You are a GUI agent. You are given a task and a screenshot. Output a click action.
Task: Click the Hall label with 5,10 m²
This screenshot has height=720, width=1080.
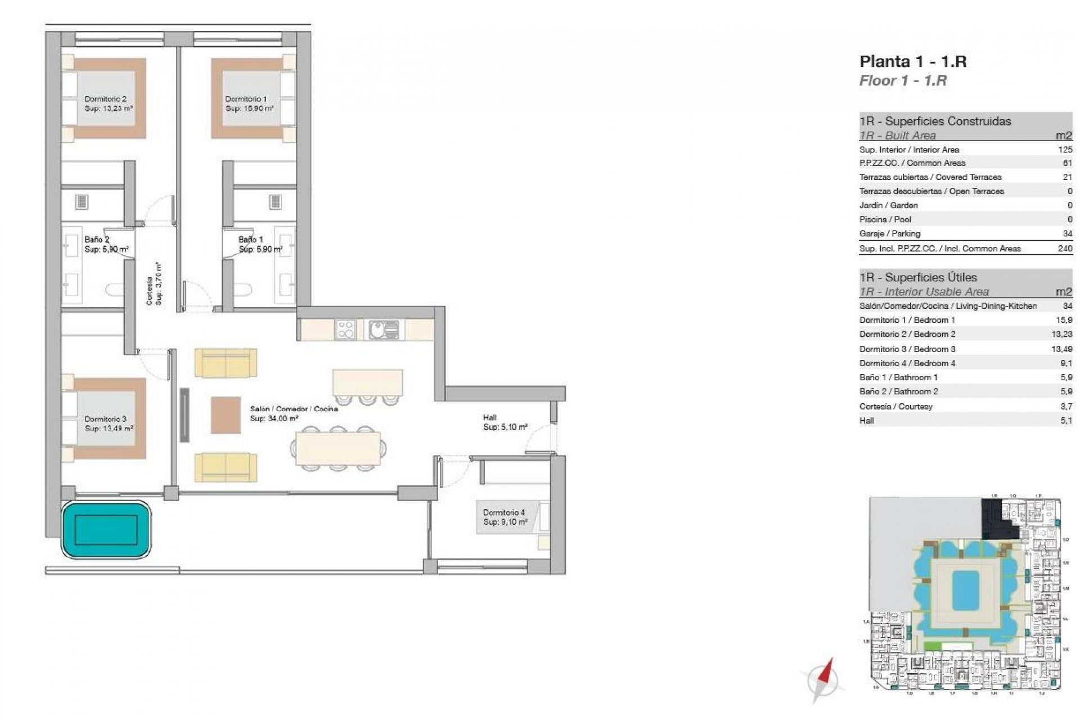point(505,422)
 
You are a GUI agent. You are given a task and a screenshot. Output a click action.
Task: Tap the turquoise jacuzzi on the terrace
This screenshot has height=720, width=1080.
point(106,530)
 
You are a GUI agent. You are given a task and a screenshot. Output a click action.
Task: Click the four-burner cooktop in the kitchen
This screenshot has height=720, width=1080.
point(345,330)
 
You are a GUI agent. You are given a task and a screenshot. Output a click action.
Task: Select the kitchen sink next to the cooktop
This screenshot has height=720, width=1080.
point(384,330)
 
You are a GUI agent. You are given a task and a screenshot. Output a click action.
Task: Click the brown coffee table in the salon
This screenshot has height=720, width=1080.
point(226,415)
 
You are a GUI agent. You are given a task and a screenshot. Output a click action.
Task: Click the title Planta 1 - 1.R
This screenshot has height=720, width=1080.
point(912,61)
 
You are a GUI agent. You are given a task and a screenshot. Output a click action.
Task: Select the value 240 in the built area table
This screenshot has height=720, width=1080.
point(1064,248)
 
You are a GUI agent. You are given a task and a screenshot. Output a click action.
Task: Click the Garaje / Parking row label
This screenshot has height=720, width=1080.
point(889,233)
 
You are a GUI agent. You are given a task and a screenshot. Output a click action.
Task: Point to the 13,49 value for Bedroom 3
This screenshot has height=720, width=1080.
point(1061,349)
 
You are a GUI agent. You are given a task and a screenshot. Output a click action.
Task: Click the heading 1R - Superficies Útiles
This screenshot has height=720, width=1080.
point(917,277)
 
